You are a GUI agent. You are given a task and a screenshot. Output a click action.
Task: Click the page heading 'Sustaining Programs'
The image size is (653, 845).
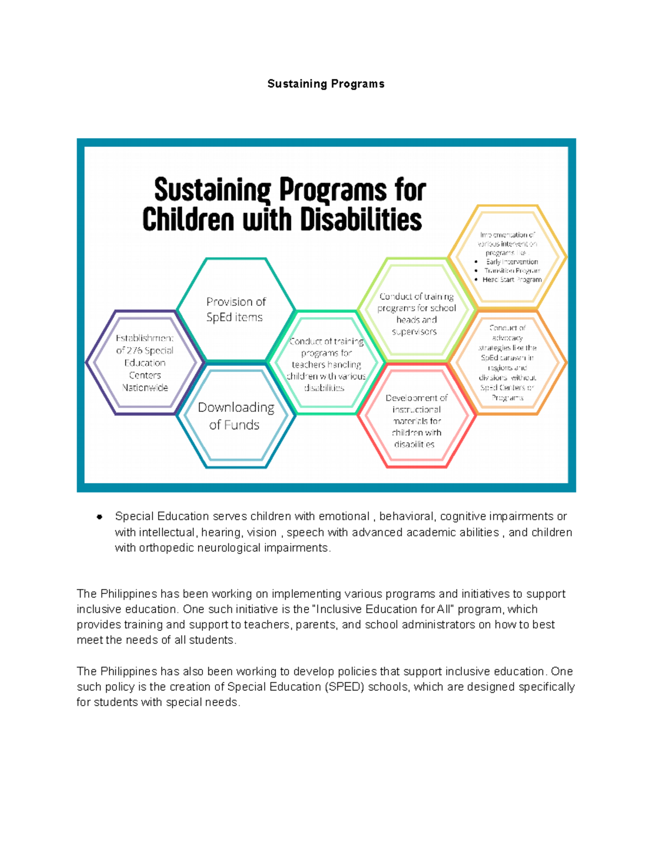(326, 84)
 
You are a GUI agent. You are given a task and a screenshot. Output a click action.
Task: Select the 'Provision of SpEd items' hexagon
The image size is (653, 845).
(235, 309)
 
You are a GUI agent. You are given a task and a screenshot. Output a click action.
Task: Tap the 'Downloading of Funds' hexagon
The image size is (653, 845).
(236, 416)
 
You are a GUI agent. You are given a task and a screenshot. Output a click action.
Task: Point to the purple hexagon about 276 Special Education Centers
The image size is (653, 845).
(145, 362)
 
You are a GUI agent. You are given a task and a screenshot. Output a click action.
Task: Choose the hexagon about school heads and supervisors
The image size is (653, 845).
(416, 314)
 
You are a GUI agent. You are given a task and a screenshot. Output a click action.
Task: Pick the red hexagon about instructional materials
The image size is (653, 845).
(416, 421)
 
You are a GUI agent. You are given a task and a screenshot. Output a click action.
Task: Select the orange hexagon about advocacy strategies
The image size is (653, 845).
(507, 362)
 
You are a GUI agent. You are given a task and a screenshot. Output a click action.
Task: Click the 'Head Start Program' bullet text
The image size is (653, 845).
(512, 280)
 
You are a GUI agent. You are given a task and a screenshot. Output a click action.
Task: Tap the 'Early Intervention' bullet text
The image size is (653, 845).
(512, 262)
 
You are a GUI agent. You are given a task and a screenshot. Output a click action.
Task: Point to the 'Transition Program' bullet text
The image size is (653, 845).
(512, 270)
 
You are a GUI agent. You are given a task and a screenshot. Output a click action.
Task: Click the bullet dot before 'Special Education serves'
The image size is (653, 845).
(100, 517)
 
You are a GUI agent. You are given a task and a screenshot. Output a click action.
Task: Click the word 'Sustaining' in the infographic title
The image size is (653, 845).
(212, 190)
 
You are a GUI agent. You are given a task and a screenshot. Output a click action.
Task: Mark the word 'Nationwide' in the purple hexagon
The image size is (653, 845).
(145, 387)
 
